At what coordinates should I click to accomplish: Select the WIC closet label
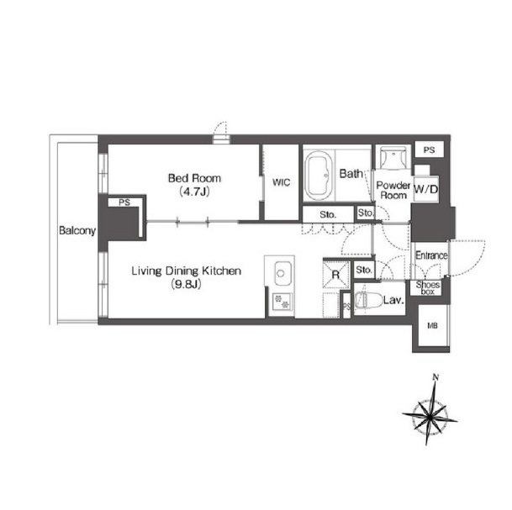[x=281, y=182]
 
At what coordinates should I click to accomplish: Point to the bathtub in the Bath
[x=319, y=176]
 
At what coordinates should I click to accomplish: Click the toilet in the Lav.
[x=368, y=300]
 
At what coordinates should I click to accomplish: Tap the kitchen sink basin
[x=281, y=273]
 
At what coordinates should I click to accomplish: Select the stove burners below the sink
[x=282, y=302]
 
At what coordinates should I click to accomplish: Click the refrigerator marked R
[x=336, y=275]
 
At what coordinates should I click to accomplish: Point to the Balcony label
[x=77, y=231]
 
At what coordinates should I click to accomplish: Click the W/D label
[x=425, y=188]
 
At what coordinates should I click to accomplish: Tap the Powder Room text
[x=393, y=191]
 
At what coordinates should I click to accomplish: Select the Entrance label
[x=431, y=255]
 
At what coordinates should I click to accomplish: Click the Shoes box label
[x=428, y=288]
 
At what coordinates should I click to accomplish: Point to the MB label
[x=432, y=325]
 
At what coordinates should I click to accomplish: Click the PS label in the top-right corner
[x=429, y=150]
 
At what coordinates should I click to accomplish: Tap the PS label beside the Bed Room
[x=124, y=202]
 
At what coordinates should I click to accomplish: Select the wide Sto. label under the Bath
[x=328, y=215]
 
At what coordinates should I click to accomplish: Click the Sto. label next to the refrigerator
[x=364, y=270]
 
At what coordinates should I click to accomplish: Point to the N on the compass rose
[x=435, y=377]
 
